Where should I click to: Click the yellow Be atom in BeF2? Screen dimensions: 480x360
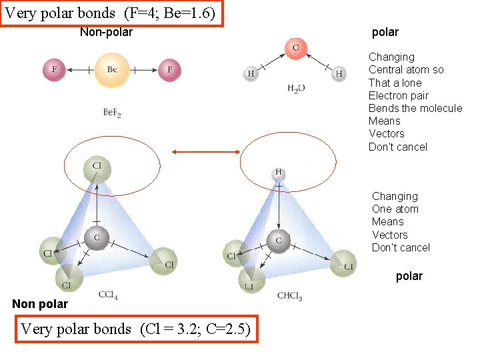coord(111,69)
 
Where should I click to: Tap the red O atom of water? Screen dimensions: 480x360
coord(295,48)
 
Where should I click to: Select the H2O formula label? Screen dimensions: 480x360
coord(296,88)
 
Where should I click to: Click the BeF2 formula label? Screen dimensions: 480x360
coord(111,113)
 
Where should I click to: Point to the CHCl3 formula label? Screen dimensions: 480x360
coord(289,297)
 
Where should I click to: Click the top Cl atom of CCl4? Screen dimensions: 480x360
coord(97,167)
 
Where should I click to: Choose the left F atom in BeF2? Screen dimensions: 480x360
coord(53,69)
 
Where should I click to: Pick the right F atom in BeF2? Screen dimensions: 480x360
coord(169,69)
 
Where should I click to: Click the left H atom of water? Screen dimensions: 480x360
coord(251,73)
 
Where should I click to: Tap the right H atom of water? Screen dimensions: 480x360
coord(339,73)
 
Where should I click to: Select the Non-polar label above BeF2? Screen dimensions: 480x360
coord(106,32)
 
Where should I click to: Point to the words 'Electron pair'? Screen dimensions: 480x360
coord(399,95)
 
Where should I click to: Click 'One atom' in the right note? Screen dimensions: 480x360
coord(395,209)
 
